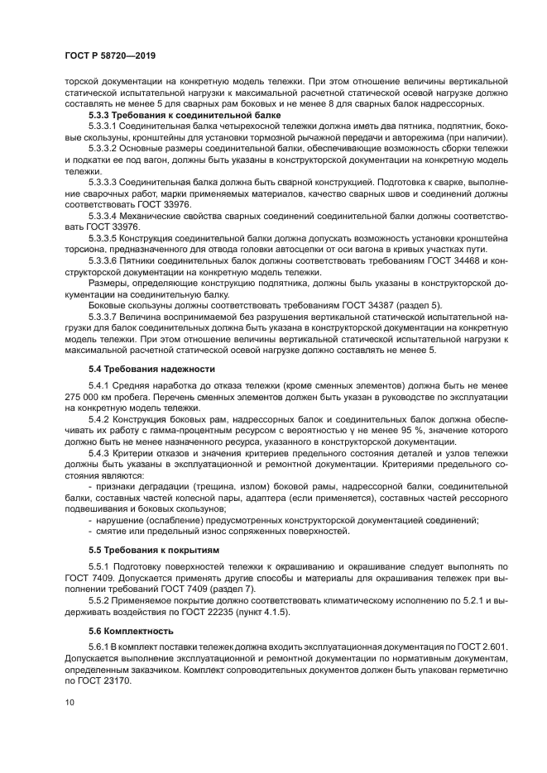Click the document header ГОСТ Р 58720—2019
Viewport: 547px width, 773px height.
[x=110, y=55]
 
